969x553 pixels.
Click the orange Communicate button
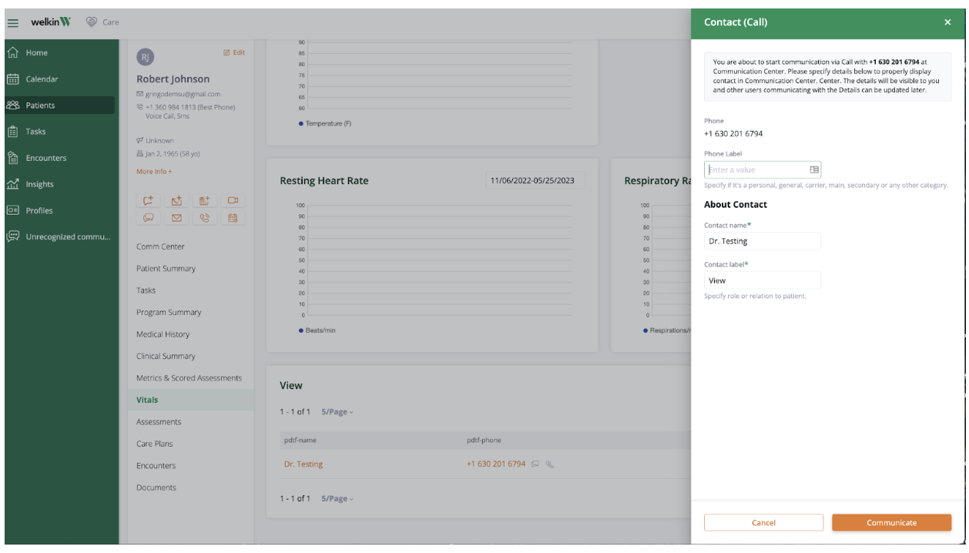click(x=891, y=523)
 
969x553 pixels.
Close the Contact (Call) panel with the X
click(x=947, y=22)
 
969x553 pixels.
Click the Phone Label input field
click(x=756, y=169)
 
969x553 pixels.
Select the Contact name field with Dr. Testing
click(x=762, y=241)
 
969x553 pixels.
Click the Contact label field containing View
click(x=762, y=280)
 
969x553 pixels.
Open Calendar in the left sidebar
click(x=42, y=79)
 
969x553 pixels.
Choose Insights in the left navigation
click(x=39, y=184)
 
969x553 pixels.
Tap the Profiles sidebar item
click(x=39, y=210)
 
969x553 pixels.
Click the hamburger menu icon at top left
click(x=13, y=22)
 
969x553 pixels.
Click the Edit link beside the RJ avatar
click(x=234, y=52)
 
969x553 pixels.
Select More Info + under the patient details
click(x=154, y=172)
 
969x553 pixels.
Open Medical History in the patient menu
click(x=163, y=334)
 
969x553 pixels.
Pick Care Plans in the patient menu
click(x=155, y=444)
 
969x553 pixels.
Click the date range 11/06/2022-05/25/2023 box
click(x=535, y=181)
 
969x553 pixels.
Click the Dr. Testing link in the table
click(x=303, y=464)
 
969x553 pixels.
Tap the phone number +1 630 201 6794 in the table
click(x=495, y=464)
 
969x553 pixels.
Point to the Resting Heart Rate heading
click(x=324, y=181)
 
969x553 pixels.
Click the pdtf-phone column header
click(x=484, y=441)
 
